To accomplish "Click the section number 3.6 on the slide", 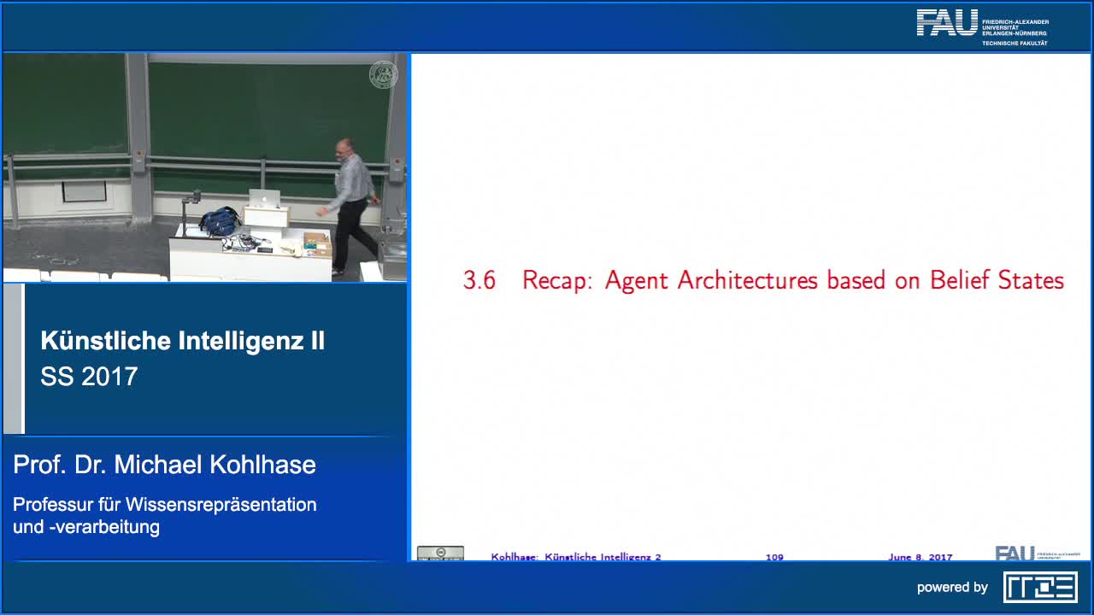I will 479,280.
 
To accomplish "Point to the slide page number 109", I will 774,557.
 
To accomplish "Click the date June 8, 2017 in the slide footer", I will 920,557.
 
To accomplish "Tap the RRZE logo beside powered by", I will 1040,587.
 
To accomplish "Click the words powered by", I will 952,587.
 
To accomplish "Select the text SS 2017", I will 89,377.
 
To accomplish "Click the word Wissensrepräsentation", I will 221,504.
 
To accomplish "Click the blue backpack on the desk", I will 220,221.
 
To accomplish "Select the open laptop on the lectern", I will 263,199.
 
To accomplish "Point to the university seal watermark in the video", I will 383,75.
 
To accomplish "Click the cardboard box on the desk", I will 316,243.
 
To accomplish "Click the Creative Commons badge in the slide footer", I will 440,553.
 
